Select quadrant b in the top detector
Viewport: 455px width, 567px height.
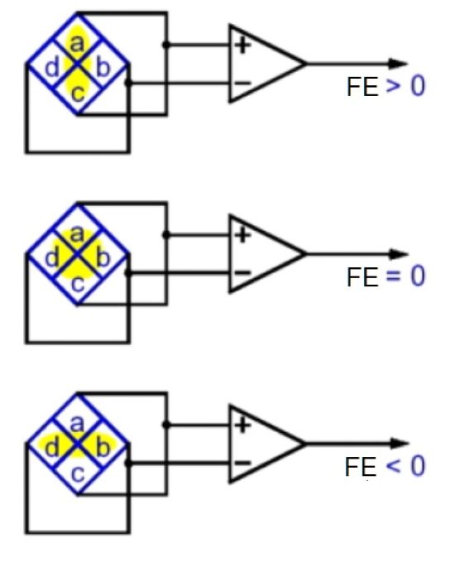point(102,68)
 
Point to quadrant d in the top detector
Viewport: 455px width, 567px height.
point(51,68)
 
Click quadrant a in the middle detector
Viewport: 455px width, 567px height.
point(77,234)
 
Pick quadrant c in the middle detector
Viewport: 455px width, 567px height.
point(77,281)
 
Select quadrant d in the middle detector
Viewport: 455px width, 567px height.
point(51,258)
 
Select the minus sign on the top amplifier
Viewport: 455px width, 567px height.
point(242,82)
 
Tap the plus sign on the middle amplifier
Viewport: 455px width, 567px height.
point(242,235)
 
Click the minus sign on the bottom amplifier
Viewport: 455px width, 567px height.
point(242,463)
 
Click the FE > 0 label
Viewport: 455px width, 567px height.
point(386,87)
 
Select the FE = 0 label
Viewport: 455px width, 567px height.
point(386,276)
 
